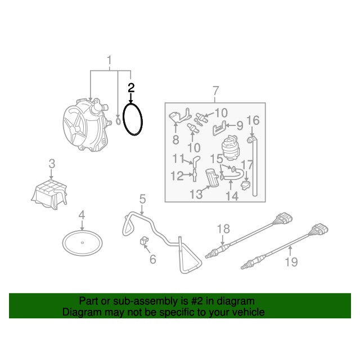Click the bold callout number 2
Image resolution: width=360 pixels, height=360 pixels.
[x=131, y=88]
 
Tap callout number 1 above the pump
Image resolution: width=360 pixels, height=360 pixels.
[x=109, y=60]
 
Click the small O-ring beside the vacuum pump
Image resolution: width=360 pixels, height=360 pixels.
[x=118, y=121]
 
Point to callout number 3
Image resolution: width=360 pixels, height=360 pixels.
[x=52, y=164]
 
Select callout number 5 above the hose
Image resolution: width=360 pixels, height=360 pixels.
[x=142, y=199]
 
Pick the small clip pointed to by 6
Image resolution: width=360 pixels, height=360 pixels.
[x=144, y=241]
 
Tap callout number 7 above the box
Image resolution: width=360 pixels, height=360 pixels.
[x=216, y=91]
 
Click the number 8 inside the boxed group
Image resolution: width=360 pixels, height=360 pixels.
[x=175, y=140]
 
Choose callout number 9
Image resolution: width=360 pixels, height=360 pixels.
[x=240, y=126]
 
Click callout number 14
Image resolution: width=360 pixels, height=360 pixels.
[x=232, y=196]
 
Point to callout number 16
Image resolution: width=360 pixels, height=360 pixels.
[x=253, y=120]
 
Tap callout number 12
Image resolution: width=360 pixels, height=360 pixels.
[x=177, y=176]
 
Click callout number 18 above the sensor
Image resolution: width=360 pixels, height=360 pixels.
[x=223, y=229]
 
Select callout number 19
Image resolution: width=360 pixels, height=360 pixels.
[x=291, y=262]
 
